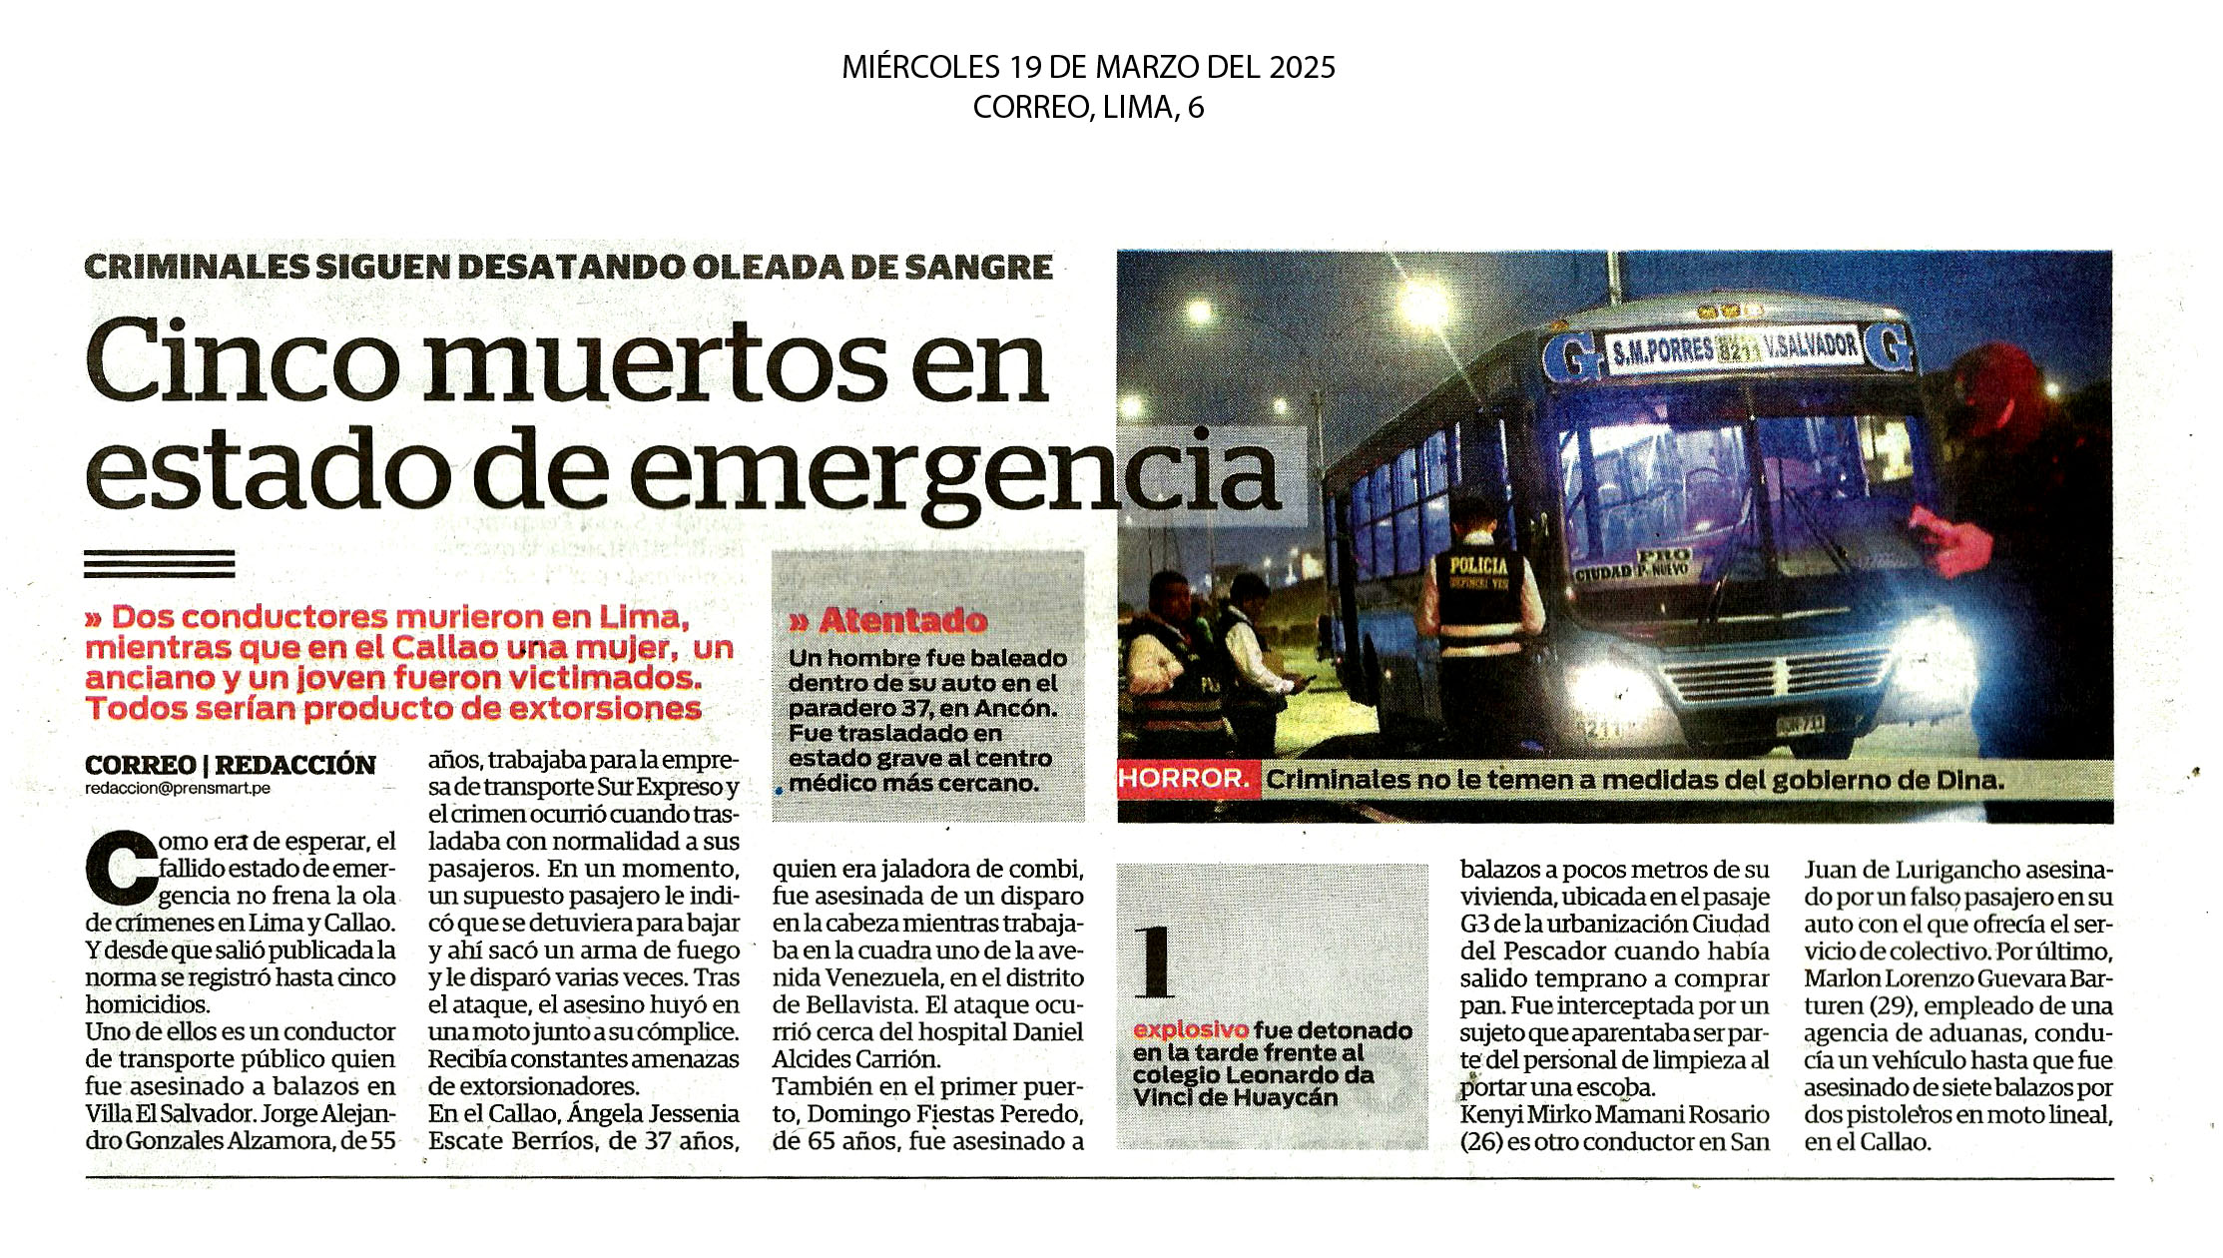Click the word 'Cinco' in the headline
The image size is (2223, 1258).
[244, 361]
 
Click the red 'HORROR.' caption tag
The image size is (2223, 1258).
[1184, 779]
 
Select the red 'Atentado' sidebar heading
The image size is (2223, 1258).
[901, 621]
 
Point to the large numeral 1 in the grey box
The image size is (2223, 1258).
[1155, 961]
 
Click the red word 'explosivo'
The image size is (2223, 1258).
[1190, 1030]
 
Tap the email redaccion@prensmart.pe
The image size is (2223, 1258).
[178, 789]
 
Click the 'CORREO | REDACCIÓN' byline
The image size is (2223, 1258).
[230, 765]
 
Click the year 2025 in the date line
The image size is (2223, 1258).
[1302, 68]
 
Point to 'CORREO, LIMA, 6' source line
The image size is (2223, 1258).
[1088, 108]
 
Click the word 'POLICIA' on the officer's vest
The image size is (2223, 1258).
[1478, 566]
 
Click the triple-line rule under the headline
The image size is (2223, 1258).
[160, 564]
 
